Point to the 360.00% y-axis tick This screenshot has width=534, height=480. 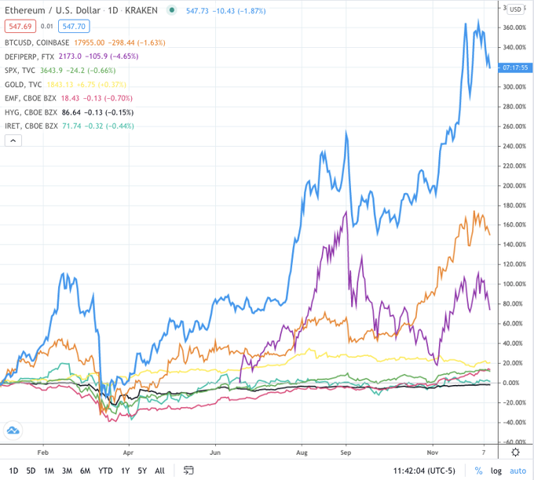coord(514,28)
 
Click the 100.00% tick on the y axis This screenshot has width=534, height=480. coord(514,284)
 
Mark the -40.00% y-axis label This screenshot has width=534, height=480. coord(514,422)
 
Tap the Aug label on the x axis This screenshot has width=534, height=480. coord(301,452)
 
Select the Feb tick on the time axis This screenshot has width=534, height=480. coord(43,452)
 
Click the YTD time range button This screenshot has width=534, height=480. coord(105,471)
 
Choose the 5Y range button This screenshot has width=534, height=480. coord(142,471)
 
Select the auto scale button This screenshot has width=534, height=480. coord(518,471)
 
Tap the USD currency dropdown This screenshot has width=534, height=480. coord(515,9)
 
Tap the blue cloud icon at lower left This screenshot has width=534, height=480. coord(13,431)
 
